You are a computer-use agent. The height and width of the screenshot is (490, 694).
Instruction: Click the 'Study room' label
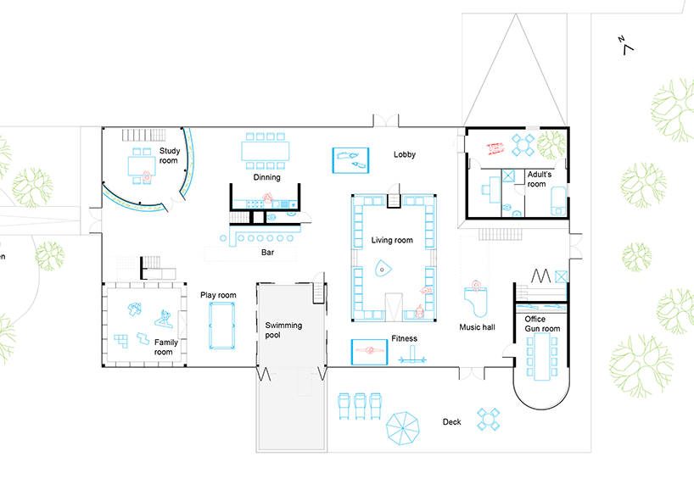pos(169,156)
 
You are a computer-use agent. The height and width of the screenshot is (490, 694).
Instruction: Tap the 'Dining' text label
pos(266,178)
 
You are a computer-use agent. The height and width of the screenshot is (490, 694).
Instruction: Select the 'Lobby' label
pos(405,155)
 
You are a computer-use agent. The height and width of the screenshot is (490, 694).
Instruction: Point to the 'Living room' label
pos(392,241)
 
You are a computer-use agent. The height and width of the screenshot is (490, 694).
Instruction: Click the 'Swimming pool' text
pos(283,331)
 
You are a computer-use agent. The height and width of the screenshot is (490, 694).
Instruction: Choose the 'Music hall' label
pos(478,327)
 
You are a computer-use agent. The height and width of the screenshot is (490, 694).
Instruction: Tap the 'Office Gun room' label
pos(541,323)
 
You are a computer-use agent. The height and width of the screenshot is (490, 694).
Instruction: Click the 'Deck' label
pos(451,422)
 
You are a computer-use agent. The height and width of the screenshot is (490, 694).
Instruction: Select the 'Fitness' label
pos(405,339)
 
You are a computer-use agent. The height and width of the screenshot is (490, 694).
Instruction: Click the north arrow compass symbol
pos(626,44)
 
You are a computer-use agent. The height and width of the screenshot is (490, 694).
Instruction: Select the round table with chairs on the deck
pos(490,420)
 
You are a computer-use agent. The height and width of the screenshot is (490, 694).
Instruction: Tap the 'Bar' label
pos(266,252)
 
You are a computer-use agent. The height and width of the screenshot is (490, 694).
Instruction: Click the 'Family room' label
pos(163,347)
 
